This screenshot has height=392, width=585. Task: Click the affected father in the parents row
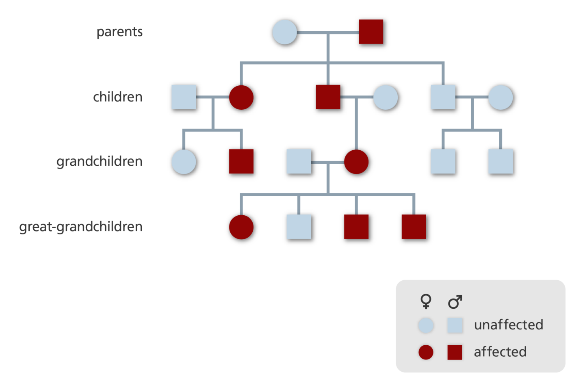pyautogui.click(x=371, y=32)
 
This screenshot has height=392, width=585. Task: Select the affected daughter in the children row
pyautogui.click(x=241, y=97)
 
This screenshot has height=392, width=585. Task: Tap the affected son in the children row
pyautogui.click(x=328, y=97)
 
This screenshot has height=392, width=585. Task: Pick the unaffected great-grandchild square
pyautogui.click(x=299, y=227)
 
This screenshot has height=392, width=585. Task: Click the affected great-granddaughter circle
pyautogui.click(x=241, y=227)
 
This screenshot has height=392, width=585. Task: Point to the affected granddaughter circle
pyautogui.click(x=356, y=162)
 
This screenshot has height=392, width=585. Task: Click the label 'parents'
pyautogui.click(x=119, y=32)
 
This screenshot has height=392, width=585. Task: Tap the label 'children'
pyautogui.click(x=118, y=97)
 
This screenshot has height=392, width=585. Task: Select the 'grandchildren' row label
pyautogui.click(x=100, y=162)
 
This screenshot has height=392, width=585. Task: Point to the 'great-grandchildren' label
pyautogui.click(x=81, y=227)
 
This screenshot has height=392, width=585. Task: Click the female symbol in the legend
pyautogui.click(x=426, y=301)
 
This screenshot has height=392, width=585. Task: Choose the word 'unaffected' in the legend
pyautogui.click(x=509, y=325)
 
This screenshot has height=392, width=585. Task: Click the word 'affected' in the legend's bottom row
pyautogui.click(x=500, y=352)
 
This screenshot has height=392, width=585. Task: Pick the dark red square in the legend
pyautogui.click(x=455, y=352)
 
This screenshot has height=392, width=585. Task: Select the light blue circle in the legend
pyautogui.click(x=426, y=325)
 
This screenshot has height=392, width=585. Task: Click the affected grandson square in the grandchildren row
pyautogui.click(x=241, y=162)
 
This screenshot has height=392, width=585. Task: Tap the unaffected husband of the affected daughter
pyautogui.click(x=184, y=97)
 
